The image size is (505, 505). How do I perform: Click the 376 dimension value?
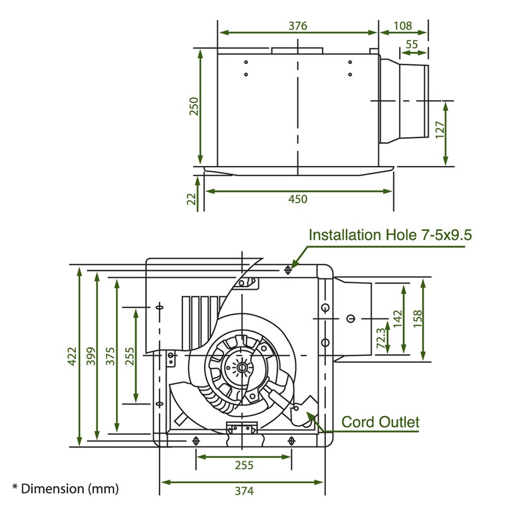coord(297,26)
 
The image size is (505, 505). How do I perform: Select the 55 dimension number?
coord(412,44)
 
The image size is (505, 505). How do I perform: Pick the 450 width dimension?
coord(297,199)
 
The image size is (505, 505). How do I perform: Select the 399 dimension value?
coord(90,359)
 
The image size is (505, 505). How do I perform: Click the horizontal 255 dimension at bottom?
coord(244,465)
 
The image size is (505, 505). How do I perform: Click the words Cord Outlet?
coord(380,422)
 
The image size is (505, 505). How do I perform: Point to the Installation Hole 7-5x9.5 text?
coord(391,235)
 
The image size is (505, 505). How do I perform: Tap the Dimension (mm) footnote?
coord(65,488)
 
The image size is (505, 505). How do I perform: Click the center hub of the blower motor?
coord(241,367)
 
